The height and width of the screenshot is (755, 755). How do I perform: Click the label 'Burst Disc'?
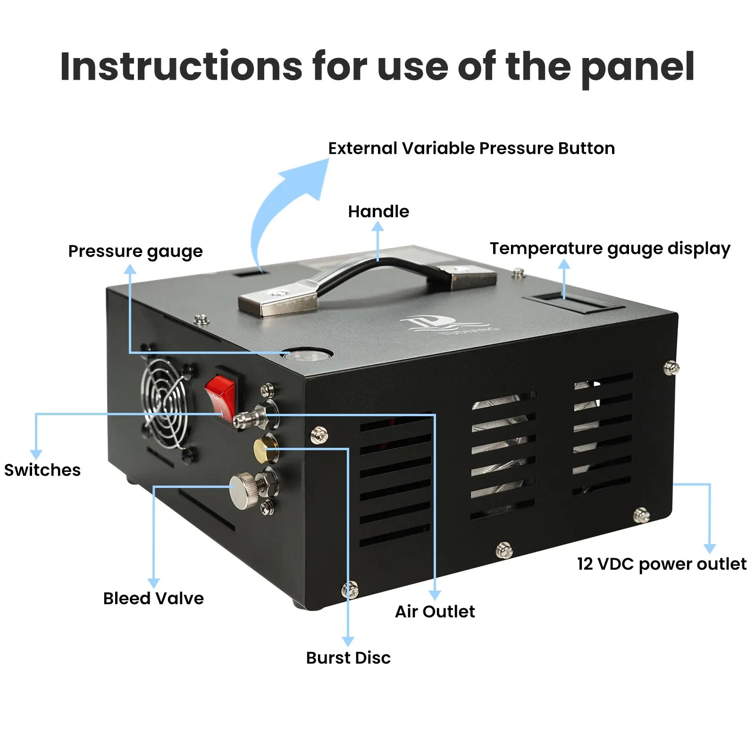pos(348,657)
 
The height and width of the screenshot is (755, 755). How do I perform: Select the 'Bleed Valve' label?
pos(153,598)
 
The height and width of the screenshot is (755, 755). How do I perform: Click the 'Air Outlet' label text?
pos(435,612)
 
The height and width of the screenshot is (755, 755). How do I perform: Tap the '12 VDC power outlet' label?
pos(662,564)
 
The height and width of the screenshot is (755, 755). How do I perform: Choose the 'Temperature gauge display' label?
pos(610,249)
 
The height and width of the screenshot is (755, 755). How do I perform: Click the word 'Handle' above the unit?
pos(378,211)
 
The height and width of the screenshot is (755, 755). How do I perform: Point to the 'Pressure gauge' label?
pos(135,251)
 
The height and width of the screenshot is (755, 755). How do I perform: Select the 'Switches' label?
pos(42,470)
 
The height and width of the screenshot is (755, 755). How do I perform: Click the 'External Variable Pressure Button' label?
pos(471,148)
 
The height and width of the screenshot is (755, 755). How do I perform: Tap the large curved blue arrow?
pos(283,203)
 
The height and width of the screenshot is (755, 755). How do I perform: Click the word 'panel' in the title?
pos(638,67)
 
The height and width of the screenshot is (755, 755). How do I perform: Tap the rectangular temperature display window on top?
pos(573,302)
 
